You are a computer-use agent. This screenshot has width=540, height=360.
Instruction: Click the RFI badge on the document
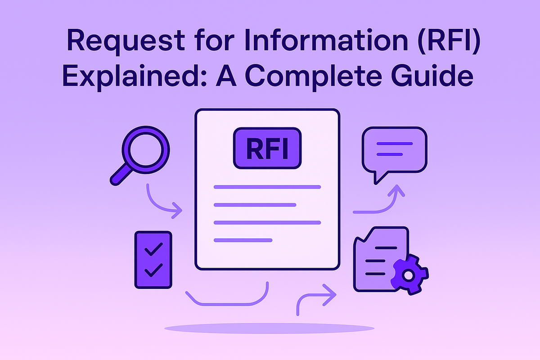pos(267,148)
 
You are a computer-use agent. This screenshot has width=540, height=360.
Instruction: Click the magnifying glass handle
pos(119,176)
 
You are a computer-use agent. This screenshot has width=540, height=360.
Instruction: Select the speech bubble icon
pos(394,151)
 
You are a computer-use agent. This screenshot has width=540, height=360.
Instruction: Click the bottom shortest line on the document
pos(243,240)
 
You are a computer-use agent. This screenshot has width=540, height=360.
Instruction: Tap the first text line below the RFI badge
pos(267,186)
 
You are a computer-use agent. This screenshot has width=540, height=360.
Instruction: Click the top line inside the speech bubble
pos(394,144)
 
